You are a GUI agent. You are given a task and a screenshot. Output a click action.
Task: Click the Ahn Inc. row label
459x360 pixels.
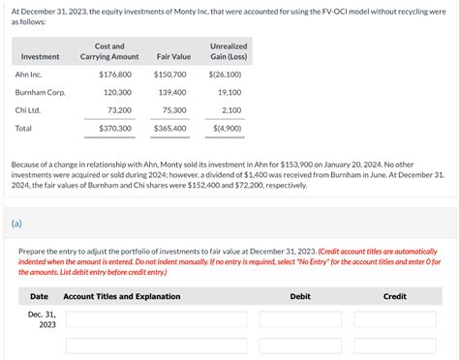coord(29,75)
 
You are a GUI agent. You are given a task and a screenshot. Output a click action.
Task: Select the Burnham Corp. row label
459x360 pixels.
coord(39,92)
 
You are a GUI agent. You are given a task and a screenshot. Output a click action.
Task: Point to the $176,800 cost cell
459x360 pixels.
coord(115,75)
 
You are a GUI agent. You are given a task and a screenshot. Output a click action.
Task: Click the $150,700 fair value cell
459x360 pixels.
coord(169,75)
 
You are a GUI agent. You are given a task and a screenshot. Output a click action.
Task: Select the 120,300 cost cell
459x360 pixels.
coord(117,92)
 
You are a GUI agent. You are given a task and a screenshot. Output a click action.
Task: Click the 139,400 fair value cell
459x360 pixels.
coord(171,92)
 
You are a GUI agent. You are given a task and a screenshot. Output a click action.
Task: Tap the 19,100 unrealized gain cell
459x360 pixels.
coord(229,92)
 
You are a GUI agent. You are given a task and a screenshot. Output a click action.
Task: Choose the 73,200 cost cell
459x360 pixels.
coord(119,110)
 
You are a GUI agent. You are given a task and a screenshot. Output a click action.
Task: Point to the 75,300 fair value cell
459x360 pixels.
coord(173,110)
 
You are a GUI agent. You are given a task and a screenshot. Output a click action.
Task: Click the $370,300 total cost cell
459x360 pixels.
coord(115,128)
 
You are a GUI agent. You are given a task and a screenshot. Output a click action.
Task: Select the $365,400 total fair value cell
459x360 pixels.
coord(169,128)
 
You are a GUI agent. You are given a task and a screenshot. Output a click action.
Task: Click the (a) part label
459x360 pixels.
coord(17,223)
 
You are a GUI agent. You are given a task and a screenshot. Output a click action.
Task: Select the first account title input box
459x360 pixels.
coord(156,319)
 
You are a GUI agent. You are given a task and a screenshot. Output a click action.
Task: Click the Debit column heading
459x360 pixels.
coord(300,296)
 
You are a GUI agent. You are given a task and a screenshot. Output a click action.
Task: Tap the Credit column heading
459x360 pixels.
coord(394,296)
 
